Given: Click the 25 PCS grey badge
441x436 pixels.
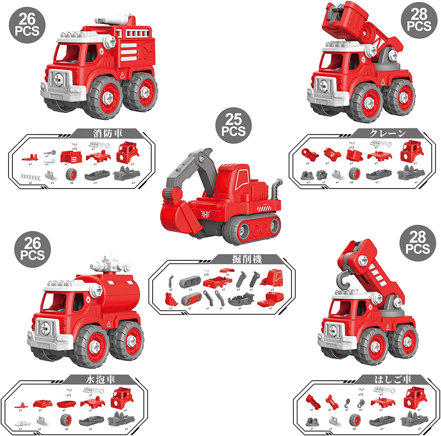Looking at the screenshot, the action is pos(233,125).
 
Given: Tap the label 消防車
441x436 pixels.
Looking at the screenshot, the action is pos(108,133).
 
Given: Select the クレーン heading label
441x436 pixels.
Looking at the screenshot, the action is pos(387,133).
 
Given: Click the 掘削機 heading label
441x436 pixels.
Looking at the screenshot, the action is pos(247,259).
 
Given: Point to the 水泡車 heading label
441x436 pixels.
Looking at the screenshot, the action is pos(100,380).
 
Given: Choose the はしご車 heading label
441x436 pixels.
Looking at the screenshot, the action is pos(393,380).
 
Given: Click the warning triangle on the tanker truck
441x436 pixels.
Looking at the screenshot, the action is pos(109,324).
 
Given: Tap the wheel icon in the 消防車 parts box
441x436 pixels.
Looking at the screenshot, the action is pos(72,174).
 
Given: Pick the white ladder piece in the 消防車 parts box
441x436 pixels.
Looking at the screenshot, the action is pos(30,177).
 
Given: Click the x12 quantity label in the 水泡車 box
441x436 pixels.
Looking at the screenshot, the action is pos(69,395).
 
